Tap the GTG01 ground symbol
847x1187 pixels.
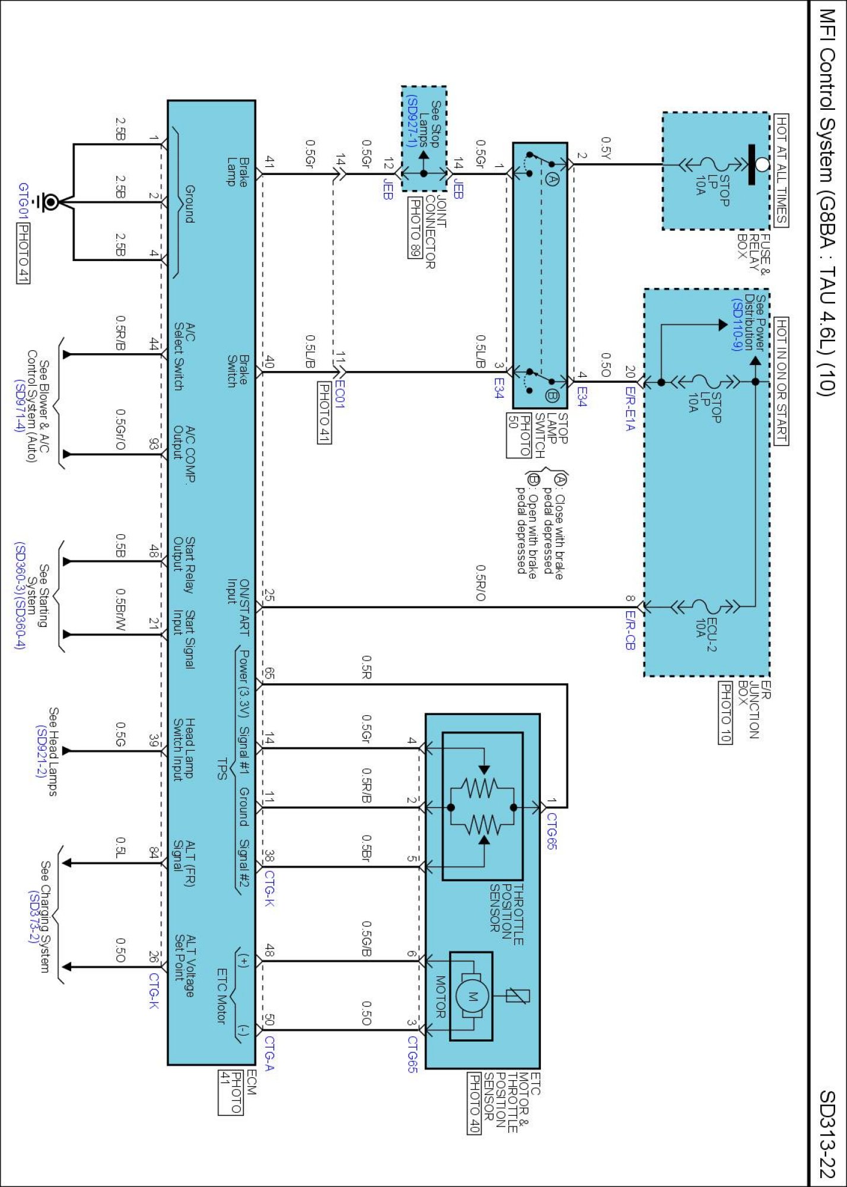point(46,202)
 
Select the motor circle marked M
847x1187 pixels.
point(472,996)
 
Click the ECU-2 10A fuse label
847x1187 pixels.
point(706,635)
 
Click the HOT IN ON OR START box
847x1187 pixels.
point(782,380)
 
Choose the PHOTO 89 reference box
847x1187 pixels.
point(415,228)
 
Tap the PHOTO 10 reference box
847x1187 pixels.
point(725,712)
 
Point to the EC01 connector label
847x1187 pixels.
point(339,393)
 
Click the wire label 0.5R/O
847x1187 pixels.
point(480,582)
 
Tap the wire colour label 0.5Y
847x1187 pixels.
point(605,148)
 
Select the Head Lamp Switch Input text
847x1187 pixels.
point(183,749)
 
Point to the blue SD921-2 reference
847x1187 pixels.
point(40,751)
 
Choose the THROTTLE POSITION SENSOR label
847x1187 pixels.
point(506,915)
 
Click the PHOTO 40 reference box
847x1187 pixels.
point(474,1103)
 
